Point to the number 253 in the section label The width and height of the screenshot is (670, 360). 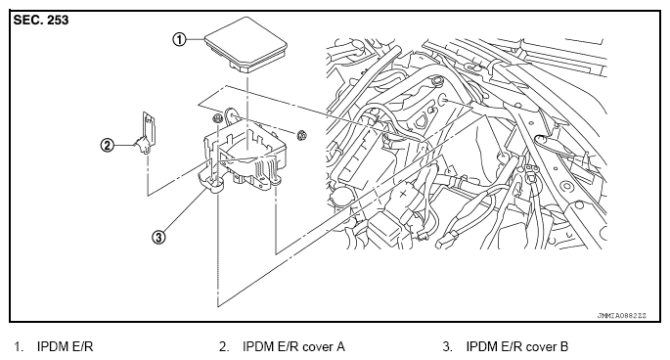58,21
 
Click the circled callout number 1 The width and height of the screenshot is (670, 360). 179,39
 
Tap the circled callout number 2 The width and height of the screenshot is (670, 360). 108,146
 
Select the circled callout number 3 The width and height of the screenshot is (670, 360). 158,237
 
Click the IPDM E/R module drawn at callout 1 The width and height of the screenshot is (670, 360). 246,46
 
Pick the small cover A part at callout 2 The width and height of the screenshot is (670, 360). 147,132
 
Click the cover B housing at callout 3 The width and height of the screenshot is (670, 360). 243,156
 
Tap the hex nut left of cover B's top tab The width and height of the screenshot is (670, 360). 216,118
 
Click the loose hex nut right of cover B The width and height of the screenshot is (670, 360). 301,135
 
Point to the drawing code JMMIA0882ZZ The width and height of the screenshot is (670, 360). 622,316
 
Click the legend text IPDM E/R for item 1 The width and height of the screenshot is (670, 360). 65,346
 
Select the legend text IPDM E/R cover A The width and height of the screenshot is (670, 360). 293,346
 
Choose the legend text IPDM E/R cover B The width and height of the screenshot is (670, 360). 517,346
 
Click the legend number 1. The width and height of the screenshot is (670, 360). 18,346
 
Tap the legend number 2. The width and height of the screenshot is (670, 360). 224,346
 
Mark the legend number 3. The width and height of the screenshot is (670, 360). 447,346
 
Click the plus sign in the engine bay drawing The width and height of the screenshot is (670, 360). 403,194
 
